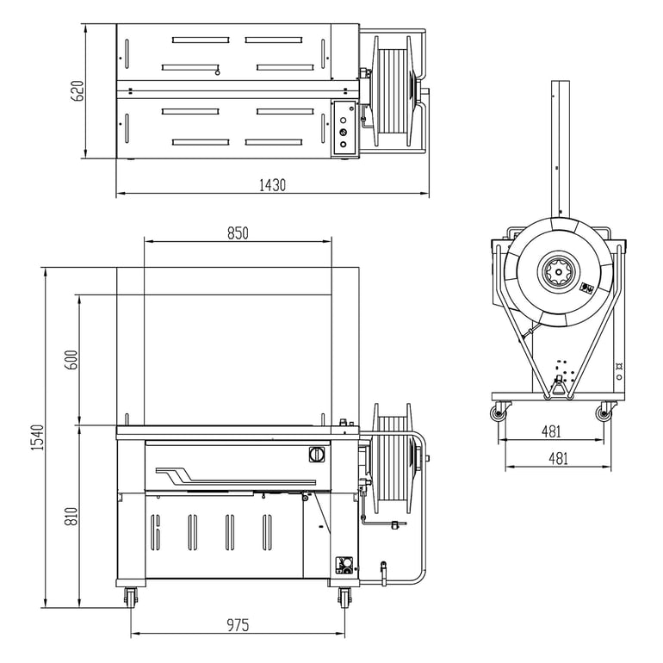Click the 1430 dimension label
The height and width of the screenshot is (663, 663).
coord(272,185)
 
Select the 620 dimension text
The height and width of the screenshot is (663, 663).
coord(77,91)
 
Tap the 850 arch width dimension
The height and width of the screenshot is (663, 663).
coord(238,233)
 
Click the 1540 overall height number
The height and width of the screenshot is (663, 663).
coord(36,437)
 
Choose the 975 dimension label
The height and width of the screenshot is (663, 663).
coord(238,626)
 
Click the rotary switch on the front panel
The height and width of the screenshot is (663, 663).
coord(314,454)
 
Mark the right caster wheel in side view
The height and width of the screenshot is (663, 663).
coord(604,414)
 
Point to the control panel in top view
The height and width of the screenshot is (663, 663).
coord(344,129)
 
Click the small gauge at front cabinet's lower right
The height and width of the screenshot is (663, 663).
coord(344,565)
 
